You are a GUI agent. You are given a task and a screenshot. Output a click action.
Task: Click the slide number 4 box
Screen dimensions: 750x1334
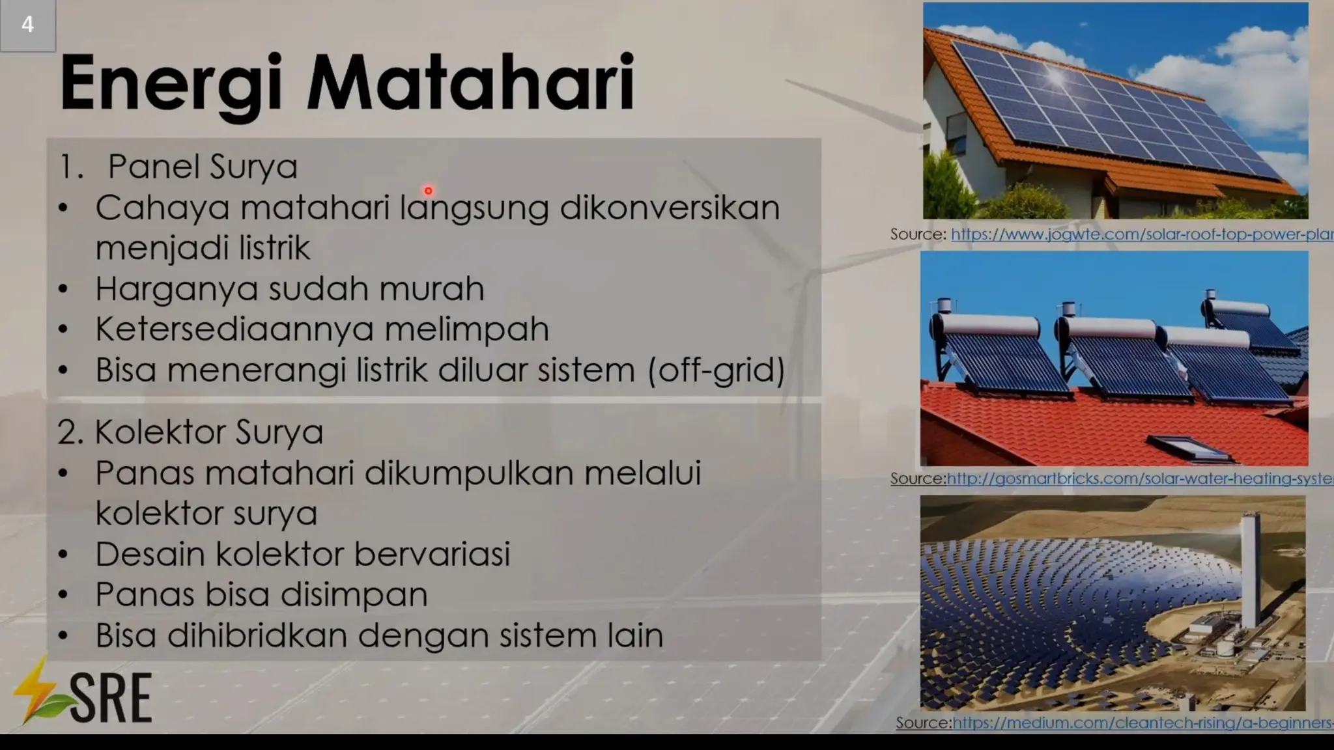[x=27, y=25]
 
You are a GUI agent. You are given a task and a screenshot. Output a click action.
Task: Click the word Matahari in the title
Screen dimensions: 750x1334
[x=470, y=83]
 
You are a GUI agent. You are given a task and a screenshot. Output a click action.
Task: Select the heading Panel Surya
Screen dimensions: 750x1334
[x=202, y=167]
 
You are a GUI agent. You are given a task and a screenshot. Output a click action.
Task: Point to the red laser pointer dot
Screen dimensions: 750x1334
[x=428, y=191]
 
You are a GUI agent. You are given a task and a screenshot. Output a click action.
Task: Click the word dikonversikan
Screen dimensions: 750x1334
[x=669, y=208]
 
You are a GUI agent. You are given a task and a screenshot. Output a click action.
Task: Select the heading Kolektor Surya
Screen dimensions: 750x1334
[x=208, y=432]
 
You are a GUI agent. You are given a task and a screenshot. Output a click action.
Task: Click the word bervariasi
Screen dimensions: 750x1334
[x=431, y=554]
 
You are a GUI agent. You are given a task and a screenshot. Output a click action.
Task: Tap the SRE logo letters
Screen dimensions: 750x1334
[x=111, y=698]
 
